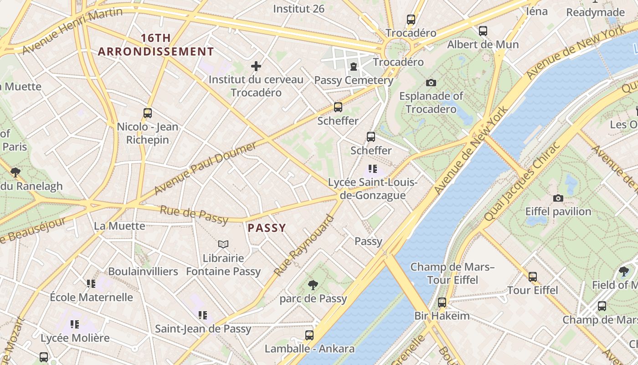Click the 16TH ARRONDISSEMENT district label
click(x=155, y=45)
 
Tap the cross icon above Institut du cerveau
click(x=256, y=66)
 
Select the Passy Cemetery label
click(x=354, y=80)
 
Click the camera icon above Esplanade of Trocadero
click(x=431, y=83)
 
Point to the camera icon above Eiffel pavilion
click(x=558, y=198)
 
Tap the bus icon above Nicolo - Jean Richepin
click(x=147, y=113)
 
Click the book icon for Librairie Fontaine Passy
click(x=223, y=245)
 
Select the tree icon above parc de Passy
click(x=313, y=285)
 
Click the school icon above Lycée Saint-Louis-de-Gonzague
click(x=372, y=169)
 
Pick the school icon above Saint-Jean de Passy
click(x=203, y=315)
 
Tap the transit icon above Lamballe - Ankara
click(x=309, y=335)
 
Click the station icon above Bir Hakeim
click(x=442, y=302)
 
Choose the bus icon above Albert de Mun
click(x=483, y=31)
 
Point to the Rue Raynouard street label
click(x=304, y=245)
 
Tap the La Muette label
click(x=119, y=226)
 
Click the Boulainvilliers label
click(x=143, y=271)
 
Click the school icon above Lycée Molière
click(x=75, y=324)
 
